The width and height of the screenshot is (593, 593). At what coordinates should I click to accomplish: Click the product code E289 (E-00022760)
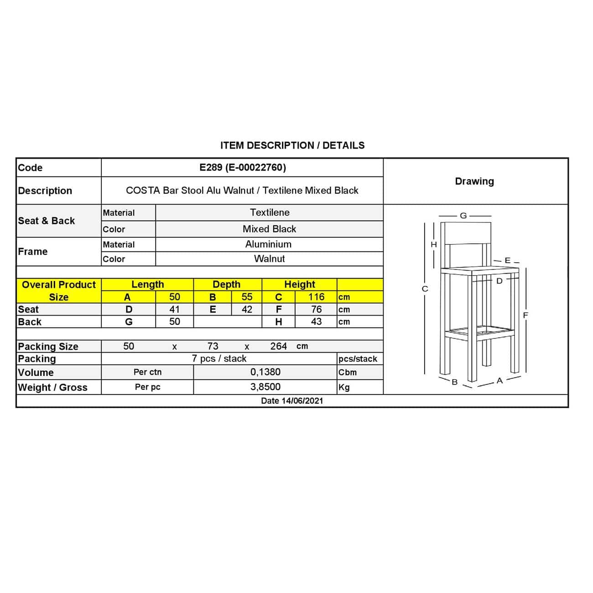click(242, 167)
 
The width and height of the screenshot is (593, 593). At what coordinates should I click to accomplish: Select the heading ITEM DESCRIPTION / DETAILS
click(292, 146)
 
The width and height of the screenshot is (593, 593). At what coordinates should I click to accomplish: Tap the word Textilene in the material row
click(270, 213)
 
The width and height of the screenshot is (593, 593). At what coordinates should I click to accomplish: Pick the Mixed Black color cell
click(269, 229)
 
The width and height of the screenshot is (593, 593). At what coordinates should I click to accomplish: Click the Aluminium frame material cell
click(268, 244)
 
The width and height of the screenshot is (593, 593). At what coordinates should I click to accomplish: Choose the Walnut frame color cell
click(269, 259)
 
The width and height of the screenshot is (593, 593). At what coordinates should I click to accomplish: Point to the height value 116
click(316, 297)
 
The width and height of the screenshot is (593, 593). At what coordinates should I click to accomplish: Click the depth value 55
click(247, 297)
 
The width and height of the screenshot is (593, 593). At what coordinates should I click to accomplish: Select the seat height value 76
click(316, 309)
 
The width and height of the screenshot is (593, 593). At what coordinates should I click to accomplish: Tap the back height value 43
click(316, 322)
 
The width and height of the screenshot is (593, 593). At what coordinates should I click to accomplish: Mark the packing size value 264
click(278, 346)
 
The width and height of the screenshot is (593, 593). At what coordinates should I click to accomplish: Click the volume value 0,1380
click(265, 372)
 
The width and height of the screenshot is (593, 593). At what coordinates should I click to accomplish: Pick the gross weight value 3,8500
click(265, 387)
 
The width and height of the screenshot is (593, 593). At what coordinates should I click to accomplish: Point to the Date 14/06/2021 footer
click(292, 401)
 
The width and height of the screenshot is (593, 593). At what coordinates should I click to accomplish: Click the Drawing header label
click(474, 181)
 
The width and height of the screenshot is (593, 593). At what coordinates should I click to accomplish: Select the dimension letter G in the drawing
click(463, 216)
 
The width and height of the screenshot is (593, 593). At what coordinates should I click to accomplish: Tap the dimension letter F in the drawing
click(525, 315)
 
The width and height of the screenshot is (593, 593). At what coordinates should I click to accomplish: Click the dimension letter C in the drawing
click(425, 289)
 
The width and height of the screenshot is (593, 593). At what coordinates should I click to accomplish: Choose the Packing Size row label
click(48, 347)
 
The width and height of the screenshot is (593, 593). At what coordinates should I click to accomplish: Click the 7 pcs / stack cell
click(219, 359)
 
